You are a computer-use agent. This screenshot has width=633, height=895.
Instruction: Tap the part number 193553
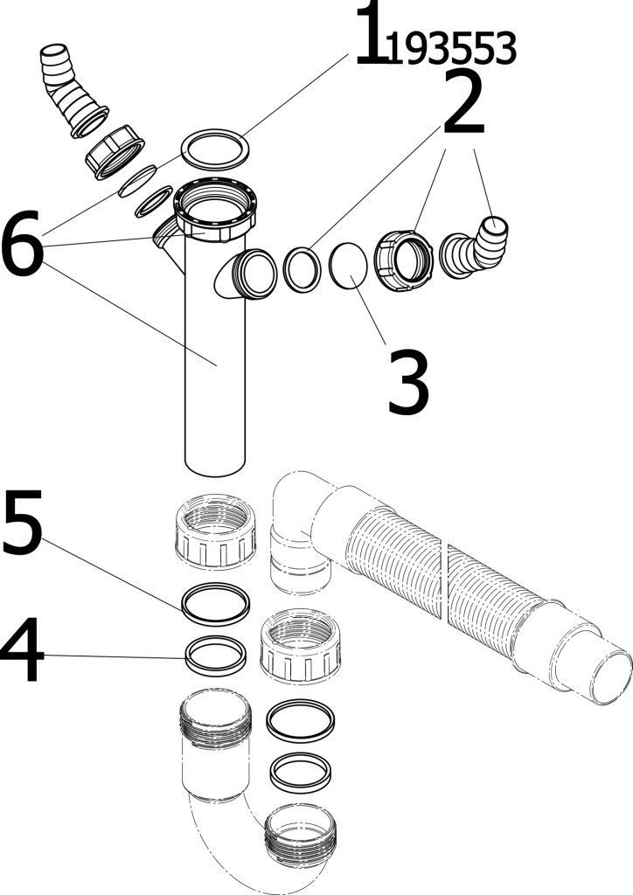tap(451, 48)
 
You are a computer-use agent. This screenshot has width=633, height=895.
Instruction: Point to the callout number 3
tap(408, 383)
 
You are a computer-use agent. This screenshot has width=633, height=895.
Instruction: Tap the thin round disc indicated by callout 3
tap(349, 263)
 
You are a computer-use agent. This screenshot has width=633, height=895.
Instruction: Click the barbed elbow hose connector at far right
tap(476, 249)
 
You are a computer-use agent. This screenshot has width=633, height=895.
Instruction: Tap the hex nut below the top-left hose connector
tap(115, 152)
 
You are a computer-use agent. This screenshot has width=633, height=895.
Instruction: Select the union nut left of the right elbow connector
tap(404, 260)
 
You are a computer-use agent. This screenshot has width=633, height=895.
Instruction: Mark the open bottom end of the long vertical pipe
tap(215, 466)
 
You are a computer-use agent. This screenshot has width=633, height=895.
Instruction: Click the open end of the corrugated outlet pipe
tap(611, 678)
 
